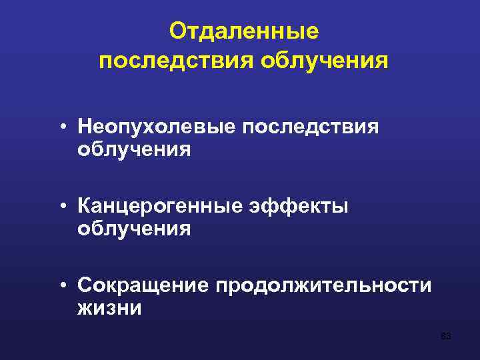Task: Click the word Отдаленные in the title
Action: [x=244, y=31]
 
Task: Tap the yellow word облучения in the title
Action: [x=325, y=61]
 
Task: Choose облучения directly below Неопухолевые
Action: [x=134, y=149]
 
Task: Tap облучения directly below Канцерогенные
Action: [x=134, y=229]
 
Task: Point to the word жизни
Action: [x=109, y=309]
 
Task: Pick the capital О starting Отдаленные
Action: [x=177, y=31]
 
